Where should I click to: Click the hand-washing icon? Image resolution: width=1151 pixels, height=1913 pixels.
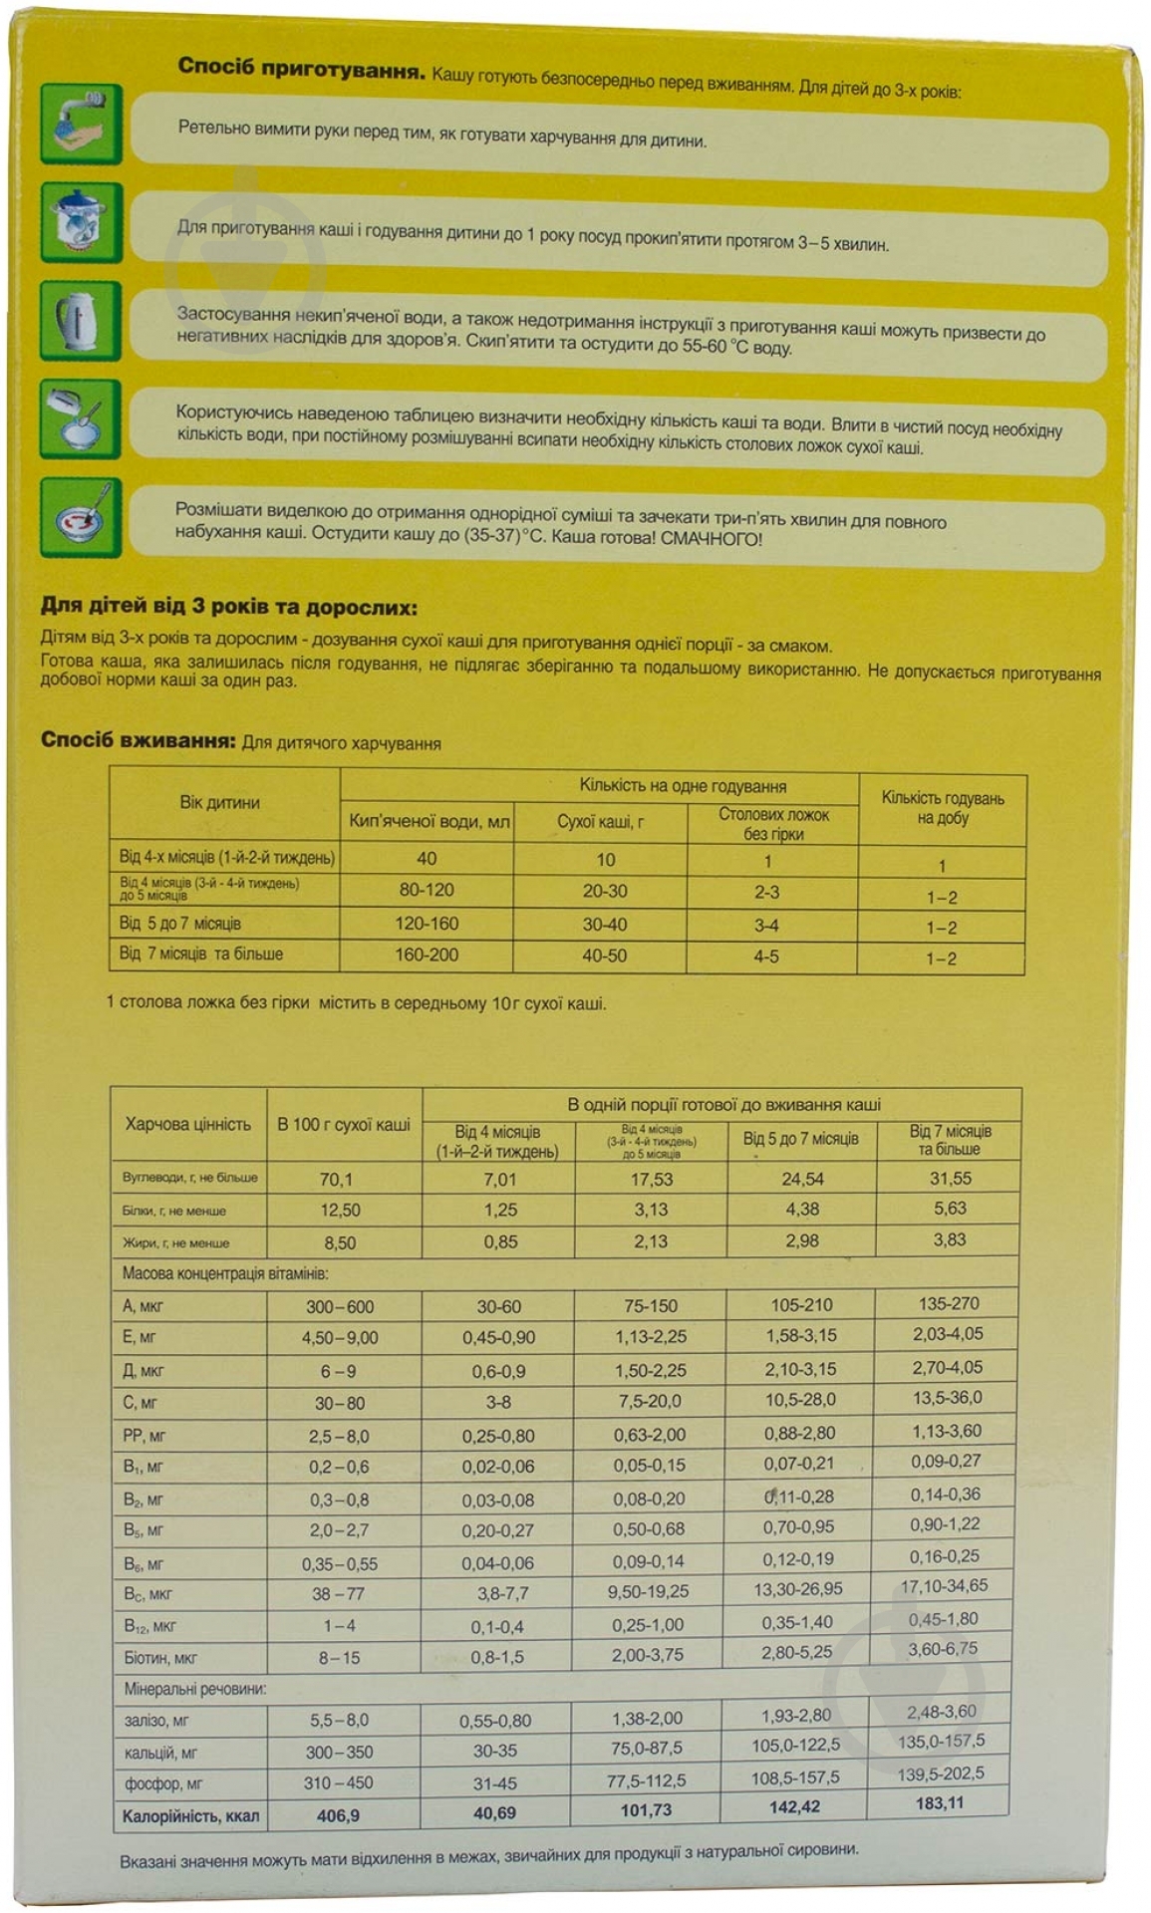82,124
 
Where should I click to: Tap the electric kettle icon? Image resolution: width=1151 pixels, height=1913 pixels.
82,321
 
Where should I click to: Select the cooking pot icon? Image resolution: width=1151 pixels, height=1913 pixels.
82,222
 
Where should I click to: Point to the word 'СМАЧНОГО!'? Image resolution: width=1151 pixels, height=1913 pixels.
711,539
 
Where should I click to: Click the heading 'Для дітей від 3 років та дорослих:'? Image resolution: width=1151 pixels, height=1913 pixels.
228,607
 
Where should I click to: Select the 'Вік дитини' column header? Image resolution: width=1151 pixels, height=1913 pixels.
220,803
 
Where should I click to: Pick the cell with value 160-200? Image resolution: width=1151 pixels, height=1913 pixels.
427,955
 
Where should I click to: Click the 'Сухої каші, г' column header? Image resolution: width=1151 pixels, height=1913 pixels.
600,822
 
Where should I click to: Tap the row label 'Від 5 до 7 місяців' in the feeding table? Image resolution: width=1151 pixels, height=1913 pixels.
180,924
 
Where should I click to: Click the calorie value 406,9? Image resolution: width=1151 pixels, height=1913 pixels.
338,1815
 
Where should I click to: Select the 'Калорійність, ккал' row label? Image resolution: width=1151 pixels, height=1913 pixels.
190,1815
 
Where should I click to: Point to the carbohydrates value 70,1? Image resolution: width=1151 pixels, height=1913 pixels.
336,1179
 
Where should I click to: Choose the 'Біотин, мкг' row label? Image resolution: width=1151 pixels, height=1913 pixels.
160,1658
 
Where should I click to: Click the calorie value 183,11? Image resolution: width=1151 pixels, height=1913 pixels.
940,1802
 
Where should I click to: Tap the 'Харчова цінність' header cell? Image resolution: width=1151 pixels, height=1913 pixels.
187,1124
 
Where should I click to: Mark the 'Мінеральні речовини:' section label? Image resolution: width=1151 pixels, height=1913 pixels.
194,1689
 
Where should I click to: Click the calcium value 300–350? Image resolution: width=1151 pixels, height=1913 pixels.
339,1752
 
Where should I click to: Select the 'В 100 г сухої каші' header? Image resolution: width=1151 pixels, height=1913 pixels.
344,1124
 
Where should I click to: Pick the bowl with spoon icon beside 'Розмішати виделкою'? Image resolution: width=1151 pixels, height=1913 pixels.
82,518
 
